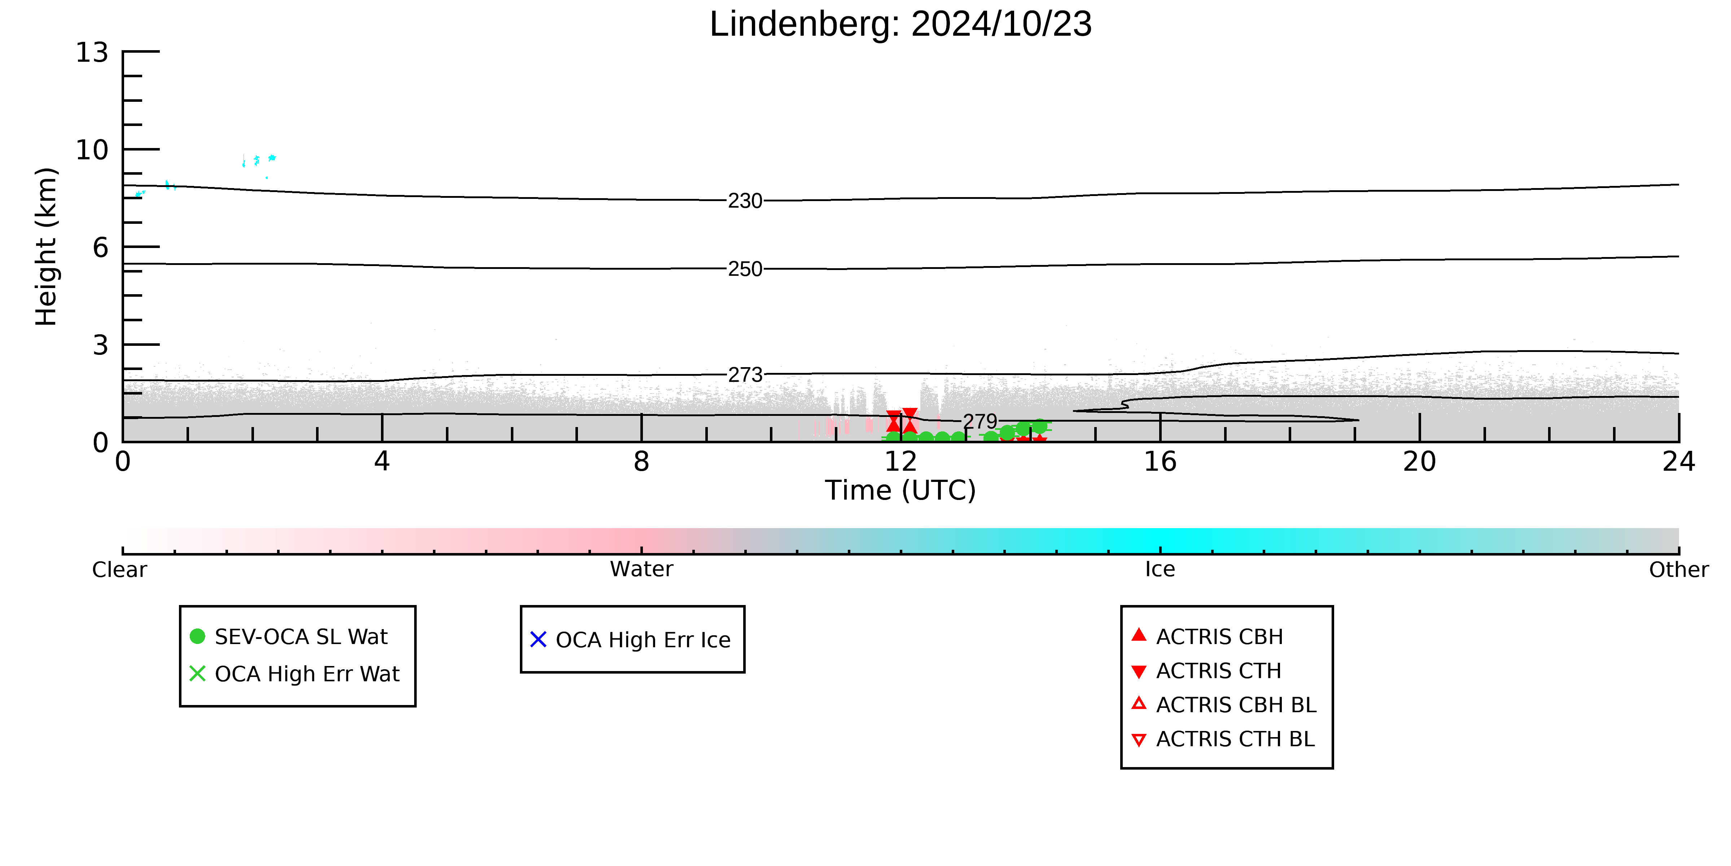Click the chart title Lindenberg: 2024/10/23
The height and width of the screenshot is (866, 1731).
pos(900,24)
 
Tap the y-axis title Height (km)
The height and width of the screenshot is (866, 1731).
pos(47,247)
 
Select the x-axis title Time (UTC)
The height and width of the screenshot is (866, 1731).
pos(900,490)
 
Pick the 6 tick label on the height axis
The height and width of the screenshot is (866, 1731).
pos(100,247)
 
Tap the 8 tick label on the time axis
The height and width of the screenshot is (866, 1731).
pos(642,462)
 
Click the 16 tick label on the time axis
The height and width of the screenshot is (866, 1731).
pos(1161,462)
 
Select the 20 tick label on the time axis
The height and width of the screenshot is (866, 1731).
pos(1420,462)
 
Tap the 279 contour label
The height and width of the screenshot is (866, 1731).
pos(981,422)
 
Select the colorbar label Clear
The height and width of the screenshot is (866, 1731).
pos(120,570)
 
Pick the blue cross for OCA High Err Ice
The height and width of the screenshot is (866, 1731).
pos(538,639)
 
